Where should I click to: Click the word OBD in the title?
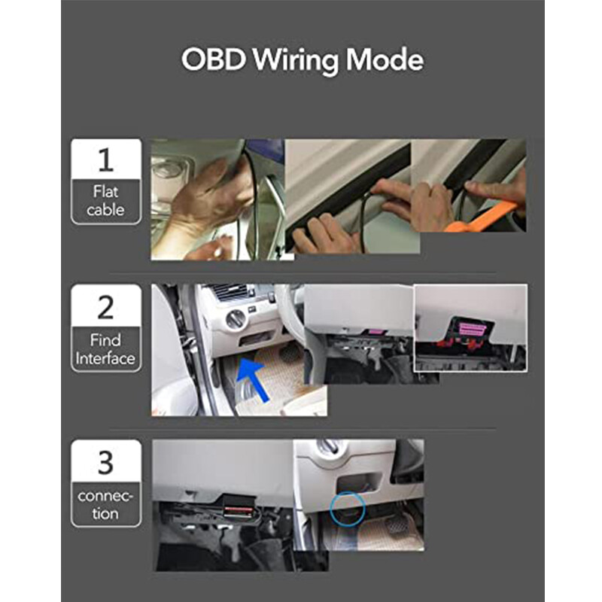click(x=213, y=60)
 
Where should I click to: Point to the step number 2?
click(x=105, y=307)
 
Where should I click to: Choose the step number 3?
click(x=105, y=462)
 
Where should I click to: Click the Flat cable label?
click(x=105, y=201)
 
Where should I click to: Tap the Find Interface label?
click(x=105, y=350)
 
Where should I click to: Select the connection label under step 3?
click(x=105, y=505)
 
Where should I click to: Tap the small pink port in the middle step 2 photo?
click(x=372, y=332)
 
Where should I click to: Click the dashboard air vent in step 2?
click(x=229, y=292)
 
